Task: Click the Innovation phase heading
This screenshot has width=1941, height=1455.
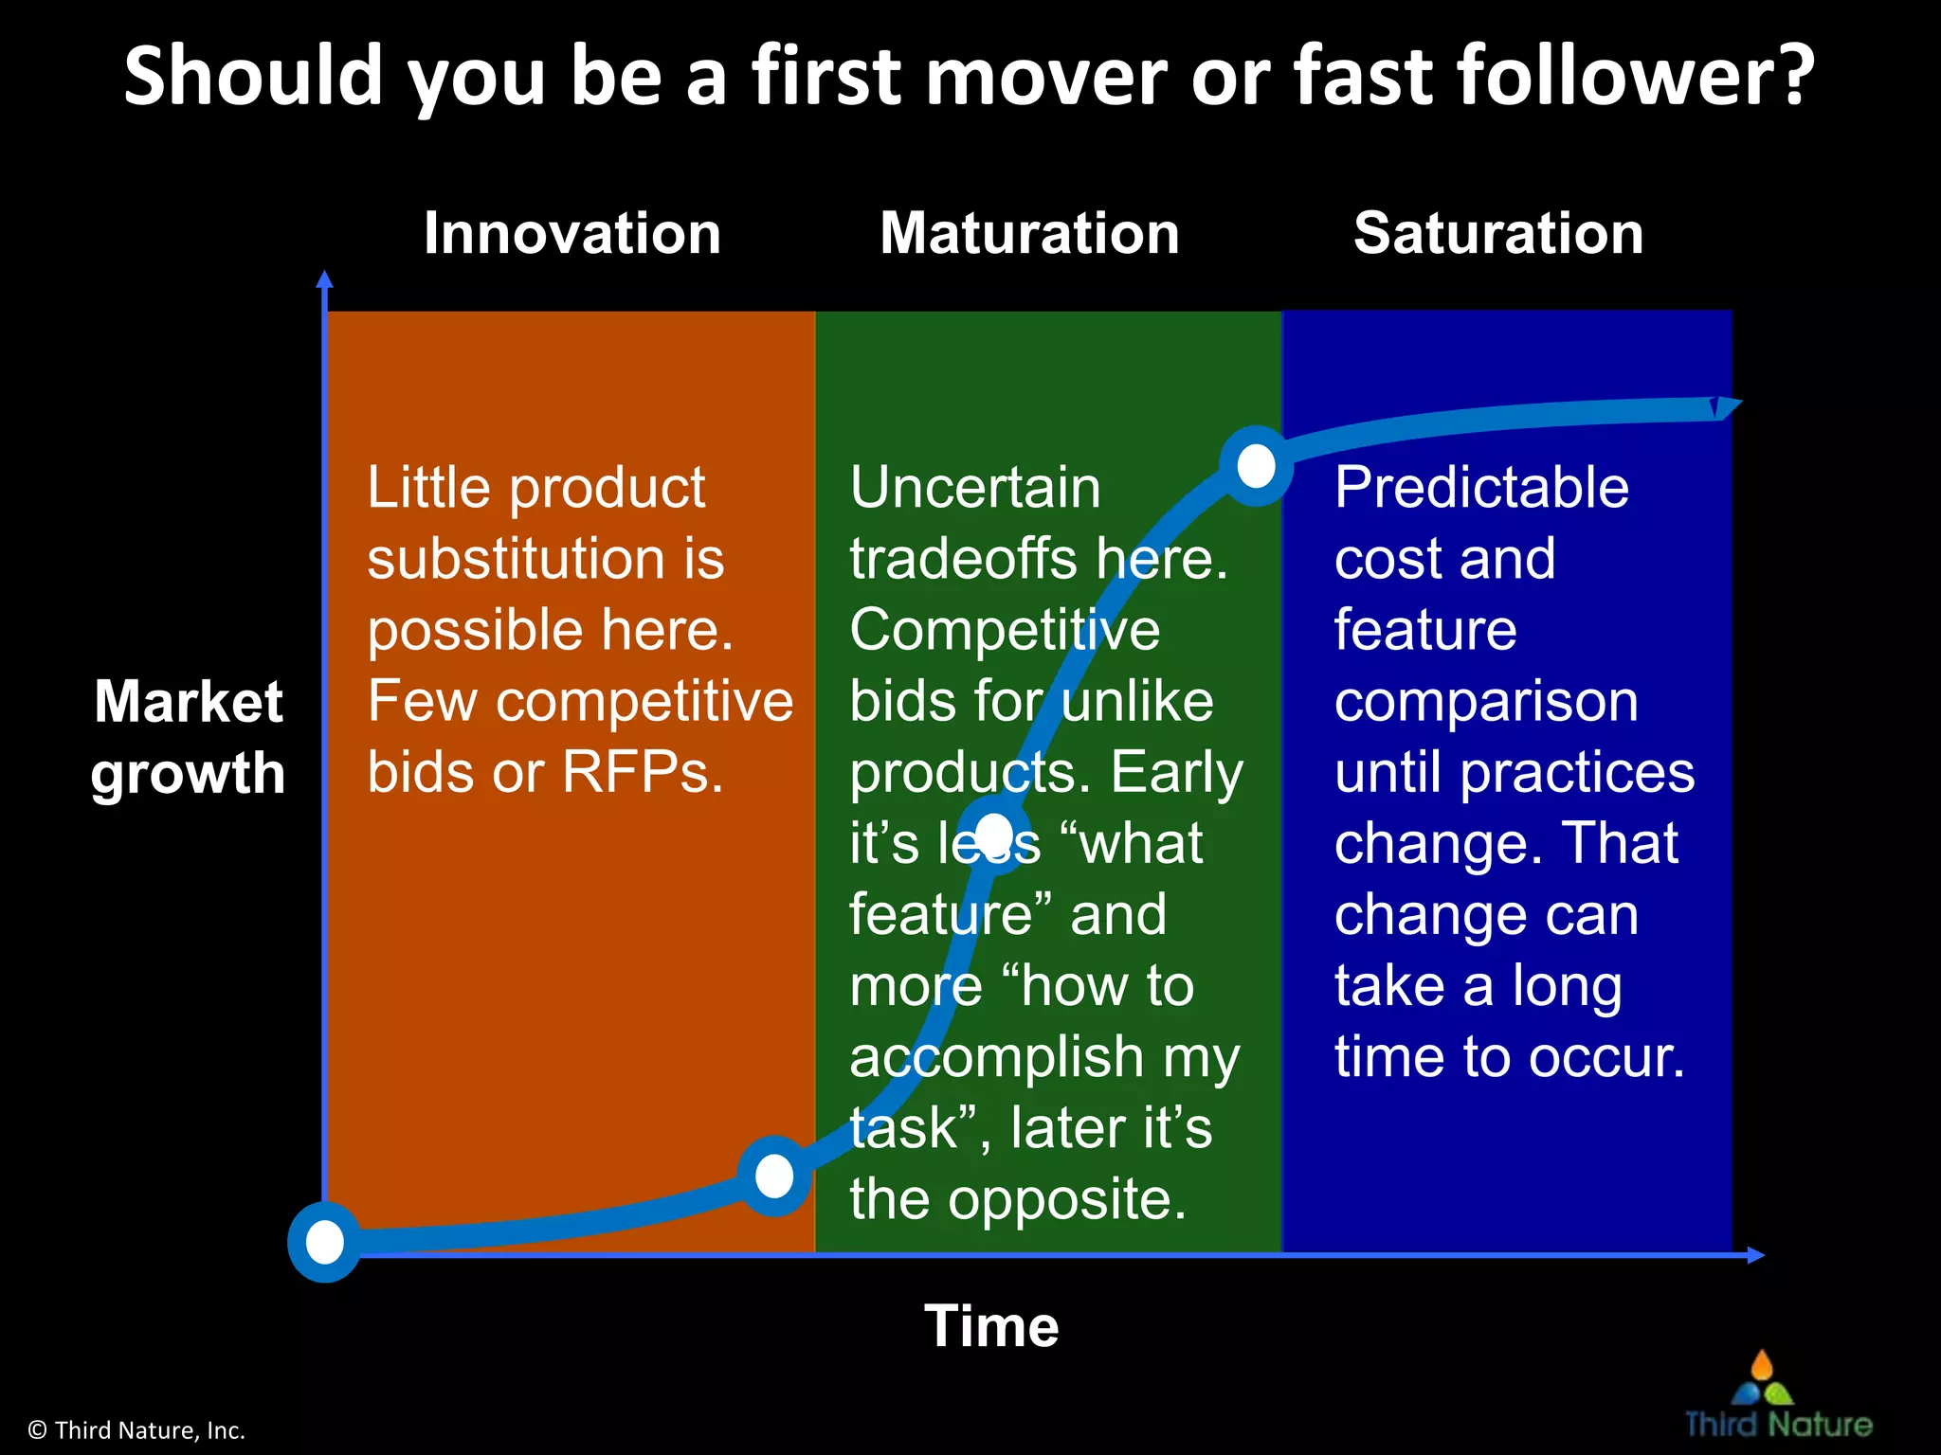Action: (572, 233)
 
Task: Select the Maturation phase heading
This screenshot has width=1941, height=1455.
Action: (1029, 233)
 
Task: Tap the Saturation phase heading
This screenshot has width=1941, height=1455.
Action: (1498, 233)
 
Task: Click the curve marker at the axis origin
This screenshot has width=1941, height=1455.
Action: (325, 1242)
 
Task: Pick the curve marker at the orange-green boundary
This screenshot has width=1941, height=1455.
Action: (774, 1176)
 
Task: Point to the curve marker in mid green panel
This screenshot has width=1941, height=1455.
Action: (993, 834)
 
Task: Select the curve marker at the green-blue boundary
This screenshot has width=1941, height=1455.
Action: (1257, 465)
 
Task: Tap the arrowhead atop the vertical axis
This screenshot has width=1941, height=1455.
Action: (325, 279)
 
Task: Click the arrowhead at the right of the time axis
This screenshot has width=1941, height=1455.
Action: (1755, 1255)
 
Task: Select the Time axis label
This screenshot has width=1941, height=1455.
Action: (991, 1325)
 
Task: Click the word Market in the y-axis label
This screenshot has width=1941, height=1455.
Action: (189, 702)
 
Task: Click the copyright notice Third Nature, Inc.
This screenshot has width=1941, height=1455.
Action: (137, 1430)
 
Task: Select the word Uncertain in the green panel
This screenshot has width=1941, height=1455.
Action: (975, 488)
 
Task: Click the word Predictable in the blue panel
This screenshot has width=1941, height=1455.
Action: (1481, 488)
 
